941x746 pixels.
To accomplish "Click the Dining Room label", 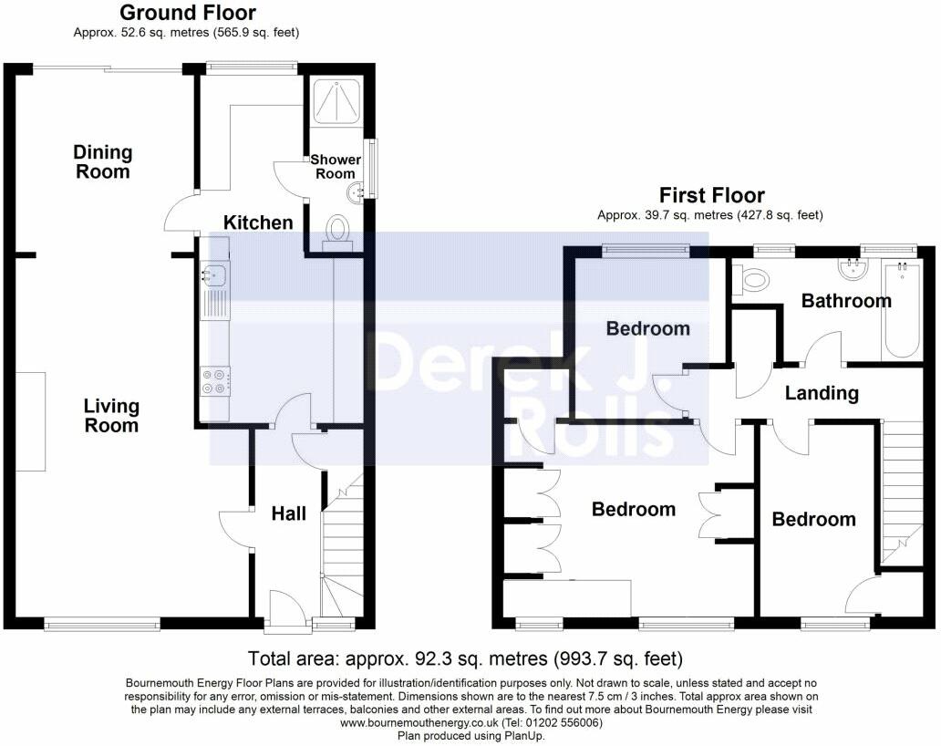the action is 103,162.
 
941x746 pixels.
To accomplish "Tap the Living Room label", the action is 111,416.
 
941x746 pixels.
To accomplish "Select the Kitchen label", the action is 258,223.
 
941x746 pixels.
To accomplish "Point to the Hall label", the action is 289,513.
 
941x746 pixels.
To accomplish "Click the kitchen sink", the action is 214,275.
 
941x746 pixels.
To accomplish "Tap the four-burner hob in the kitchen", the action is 215,381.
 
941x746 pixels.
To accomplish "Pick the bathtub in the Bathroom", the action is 902,310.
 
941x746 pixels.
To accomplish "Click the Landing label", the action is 822,393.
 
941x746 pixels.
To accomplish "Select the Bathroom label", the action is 846,301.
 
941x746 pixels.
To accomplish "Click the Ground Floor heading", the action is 188,12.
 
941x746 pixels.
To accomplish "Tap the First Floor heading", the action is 712,195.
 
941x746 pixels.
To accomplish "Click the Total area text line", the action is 465,659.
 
